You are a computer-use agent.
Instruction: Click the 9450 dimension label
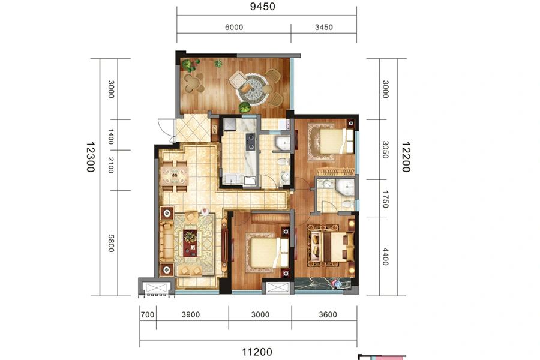(x=262, y=7)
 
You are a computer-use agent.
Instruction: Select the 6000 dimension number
(x=234, y=27)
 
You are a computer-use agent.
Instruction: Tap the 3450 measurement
(x=324, y=27)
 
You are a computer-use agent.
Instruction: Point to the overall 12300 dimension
(x=90, y=157)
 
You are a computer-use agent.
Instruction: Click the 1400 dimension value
(x=110, y=137)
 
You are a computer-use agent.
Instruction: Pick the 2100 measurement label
(x=110, y=165)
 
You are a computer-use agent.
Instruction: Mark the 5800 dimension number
(x=110, y=243)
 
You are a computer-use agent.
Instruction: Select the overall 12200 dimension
(x=406, y=157)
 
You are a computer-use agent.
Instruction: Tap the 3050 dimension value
(x=385, y=150)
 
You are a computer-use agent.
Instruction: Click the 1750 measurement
(x=385, y=199)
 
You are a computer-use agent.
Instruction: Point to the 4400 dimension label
(x=385, y=257)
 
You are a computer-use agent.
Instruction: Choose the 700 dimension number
(x=148, y=314)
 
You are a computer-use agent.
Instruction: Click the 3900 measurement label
(x=191, y=314)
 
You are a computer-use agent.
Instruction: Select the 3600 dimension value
(x=328, y=314)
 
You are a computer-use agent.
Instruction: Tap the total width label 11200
(x=257, y=352)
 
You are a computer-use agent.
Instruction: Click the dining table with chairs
(x=175, y=176)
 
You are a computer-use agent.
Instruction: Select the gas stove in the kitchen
(x=250, y=142)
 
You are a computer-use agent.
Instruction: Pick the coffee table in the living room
(x=190, y=242)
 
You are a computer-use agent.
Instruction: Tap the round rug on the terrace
(x=252, y=88)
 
